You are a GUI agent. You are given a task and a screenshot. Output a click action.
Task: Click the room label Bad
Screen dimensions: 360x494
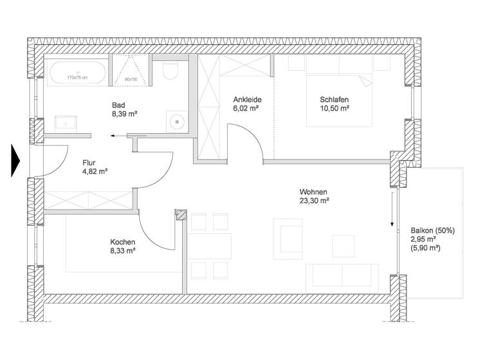[x=118, y=105]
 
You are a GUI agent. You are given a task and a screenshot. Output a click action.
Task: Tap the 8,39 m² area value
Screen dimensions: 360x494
[x=125, y=114]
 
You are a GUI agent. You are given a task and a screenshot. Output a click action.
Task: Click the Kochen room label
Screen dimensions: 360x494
[x=122, y=242]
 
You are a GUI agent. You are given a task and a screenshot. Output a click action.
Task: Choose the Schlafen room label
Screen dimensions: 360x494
[x=334, y=100]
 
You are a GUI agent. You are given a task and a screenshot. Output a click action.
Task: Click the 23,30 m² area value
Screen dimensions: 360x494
[x=314, y=201]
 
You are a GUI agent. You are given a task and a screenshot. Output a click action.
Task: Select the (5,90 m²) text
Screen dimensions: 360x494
[x=425, y=248]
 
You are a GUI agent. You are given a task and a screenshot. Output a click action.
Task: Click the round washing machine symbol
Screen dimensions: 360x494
[x=175, y=121]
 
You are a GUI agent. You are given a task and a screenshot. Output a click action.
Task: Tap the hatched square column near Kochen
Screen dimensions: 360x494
[x=181, y=217]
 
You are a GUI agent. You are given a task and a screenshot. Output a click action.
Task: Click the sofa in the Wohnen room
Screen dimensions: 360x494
[x=342, y=275]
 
